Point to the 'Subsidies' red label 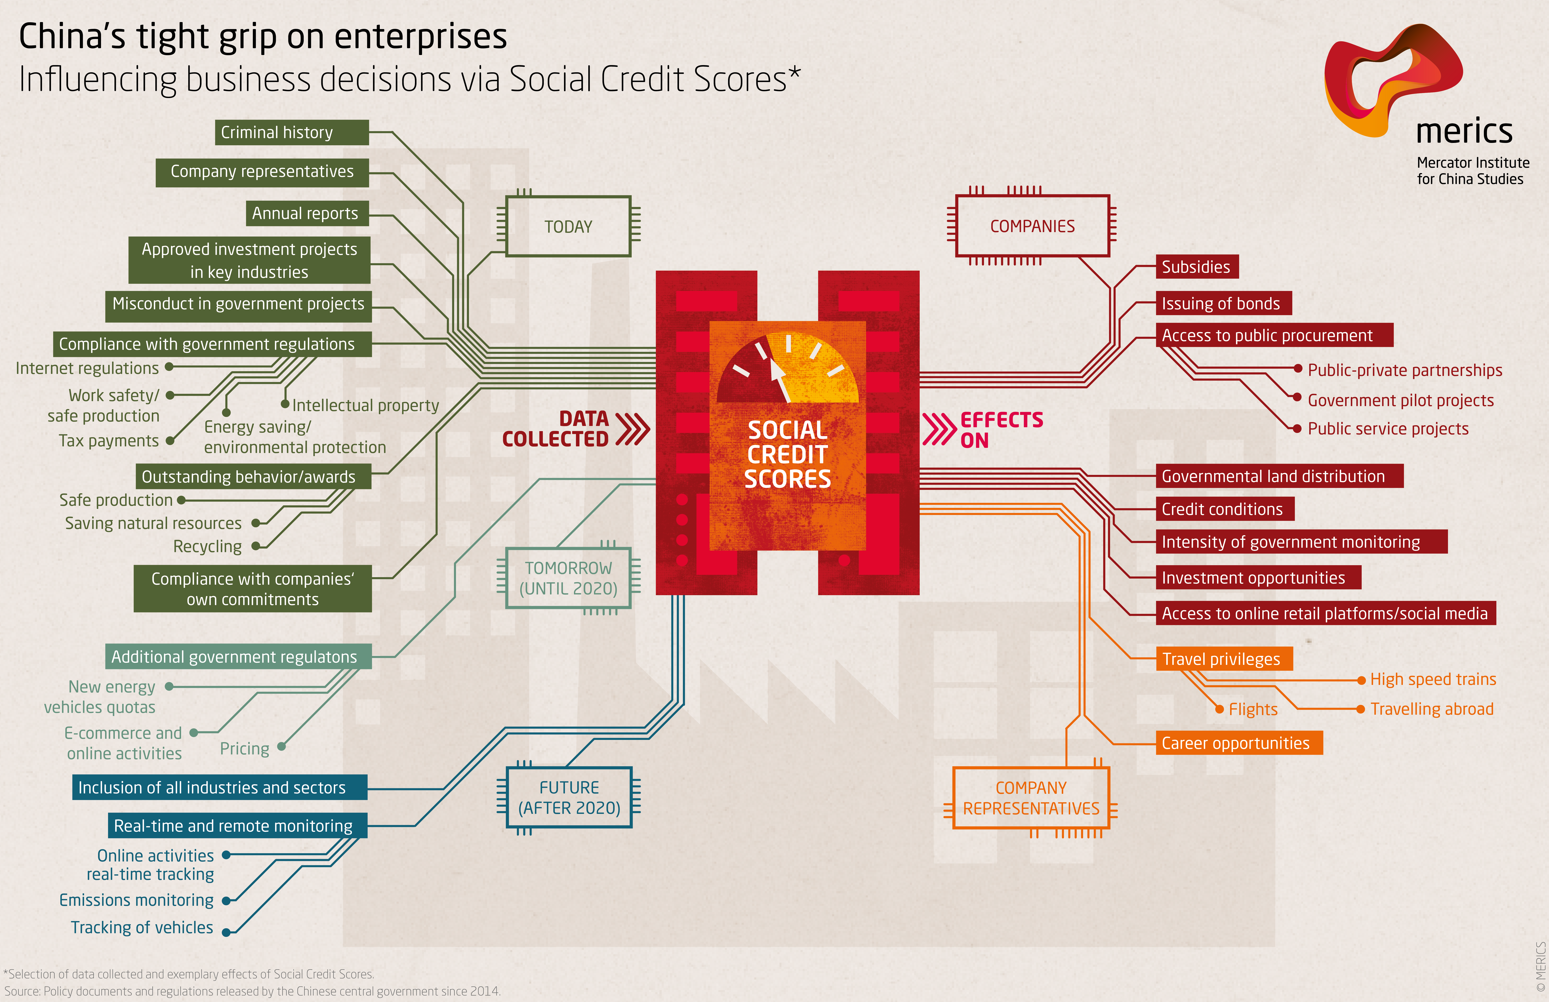(x=1197, y=267)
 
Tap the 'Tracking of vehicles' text (x=142, y=927)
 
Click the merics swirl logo (x=1393, y=79)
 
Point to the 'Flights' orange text (x=1253, y=709)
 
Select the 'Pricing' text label (x=245, y=749)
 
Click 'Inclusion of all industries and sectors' (x=219, y=787)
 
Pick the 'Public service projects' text (x=1388, y=429)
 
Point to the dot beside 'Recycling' (x=256, y=547)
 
